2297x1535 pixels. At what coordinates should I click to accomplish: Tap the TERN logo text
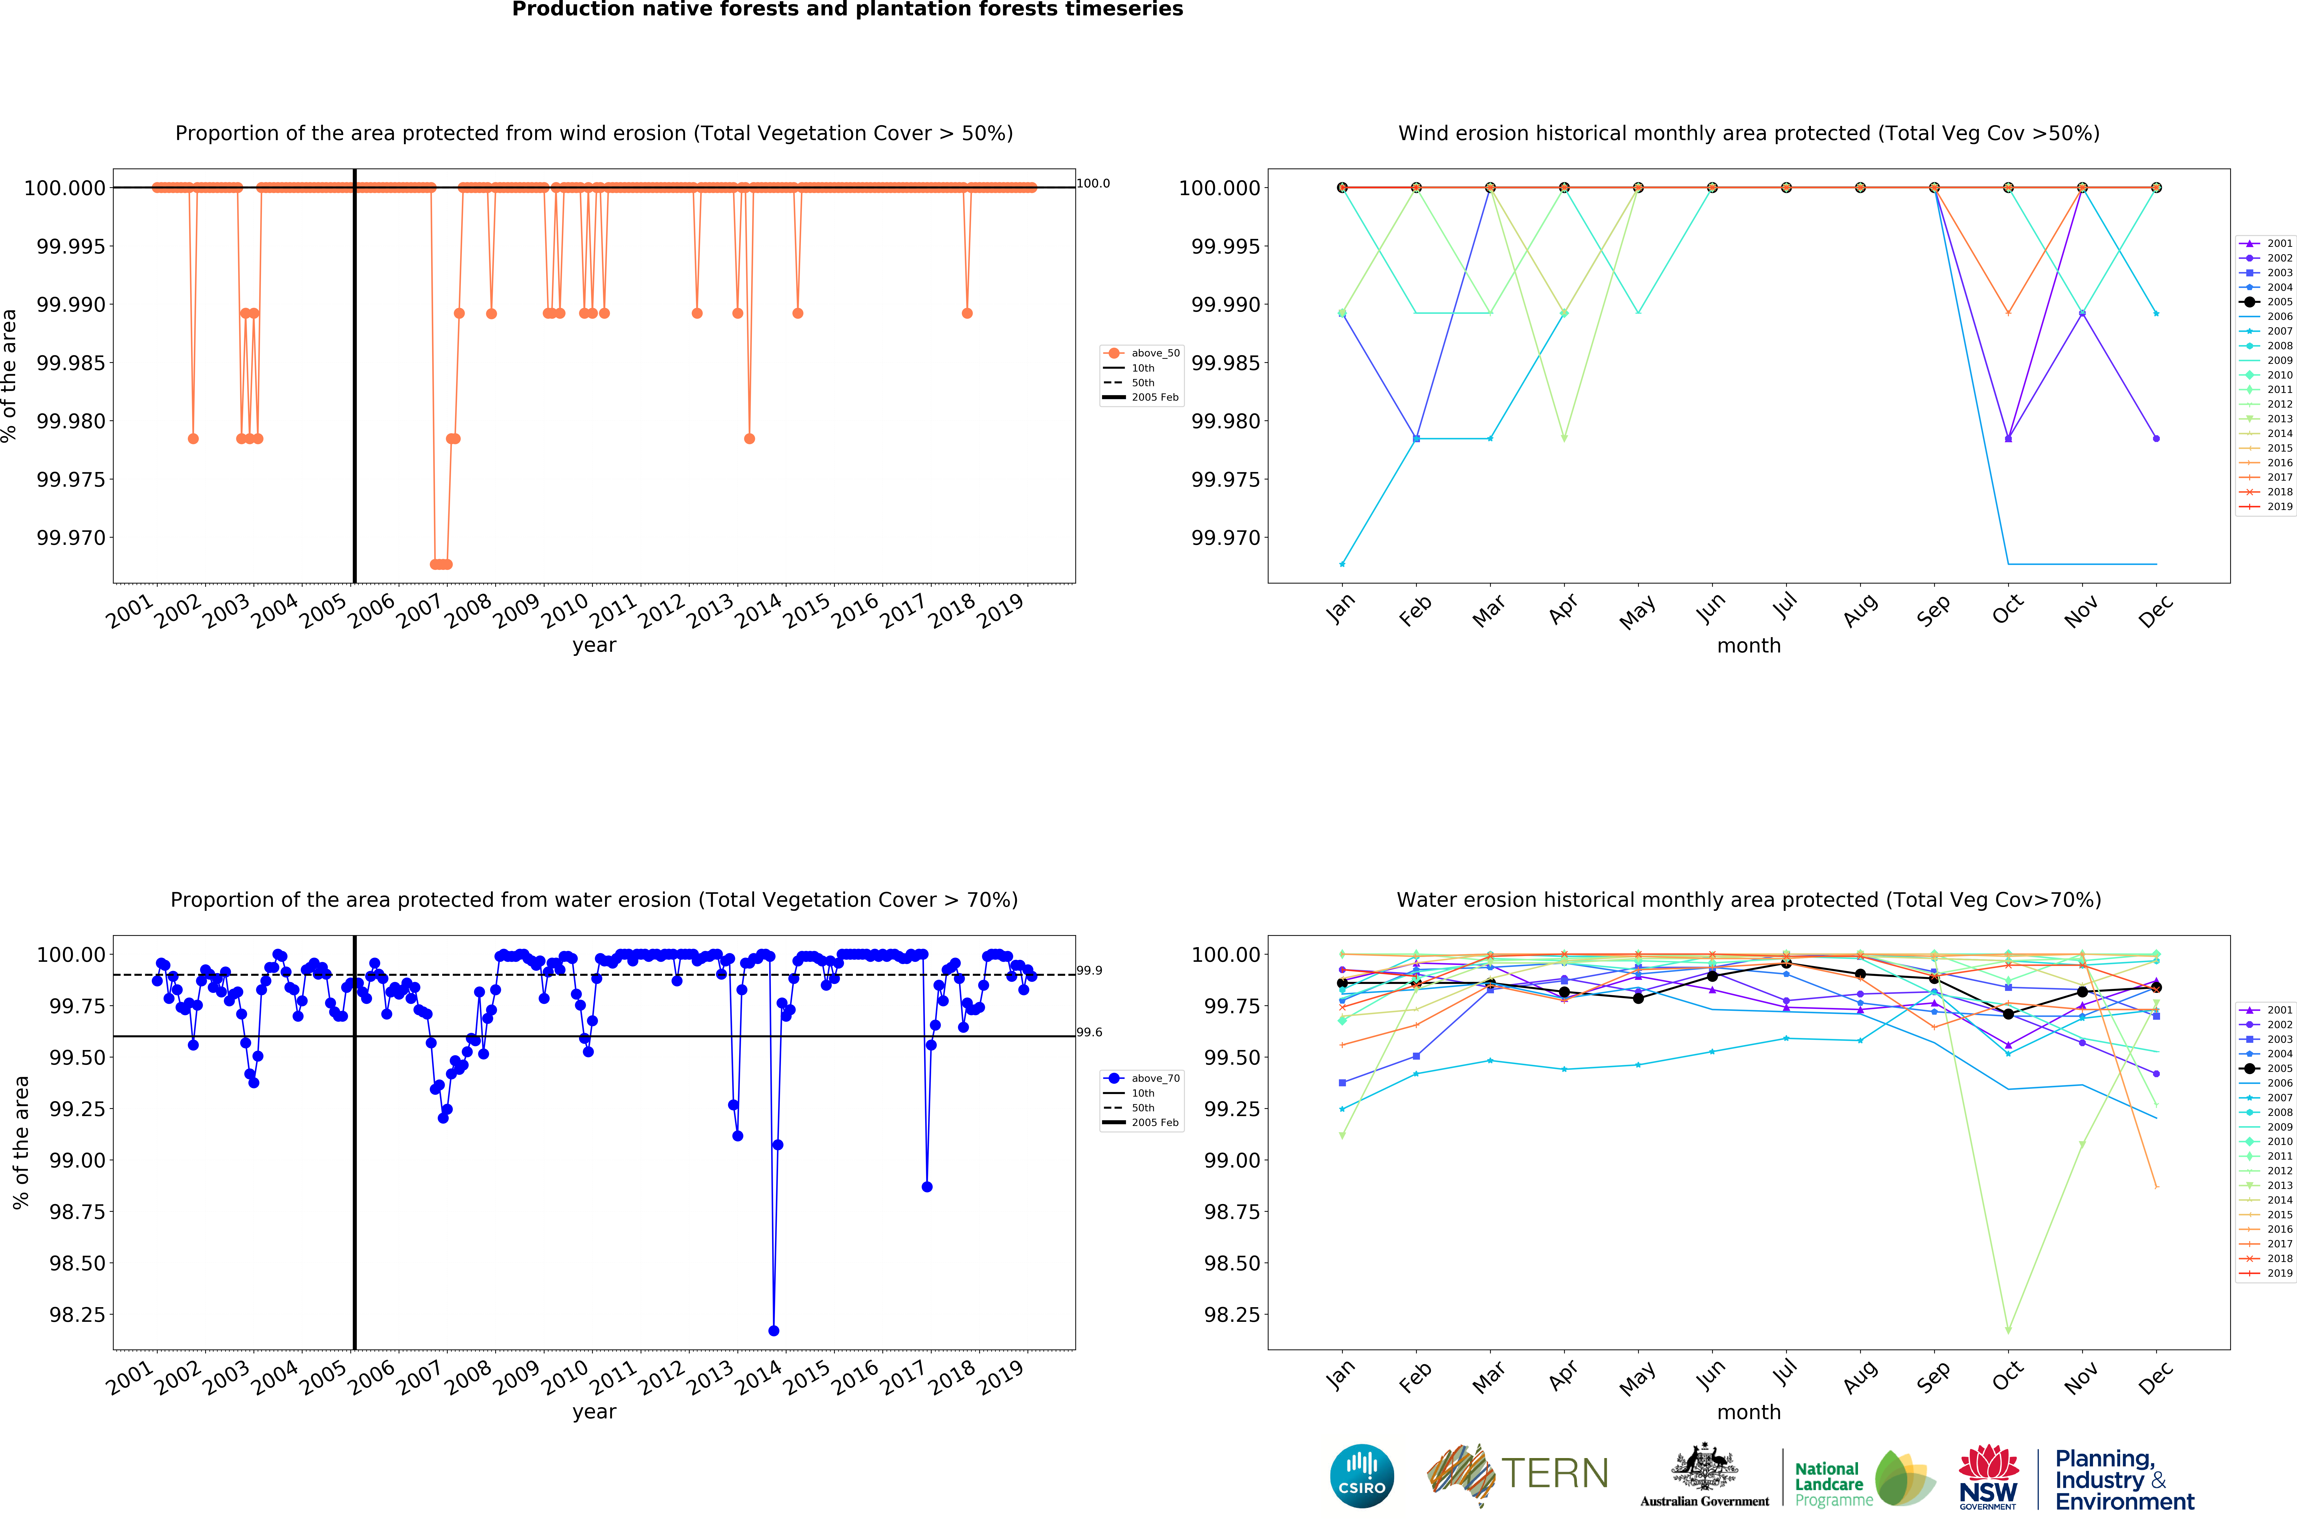(1554, 1473)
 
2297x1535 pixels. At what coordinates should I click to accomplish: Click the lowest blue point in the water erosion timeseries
(773, 1330)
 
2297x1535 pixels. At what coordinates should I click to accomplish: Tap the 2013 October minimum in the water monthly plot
(2008, 1330)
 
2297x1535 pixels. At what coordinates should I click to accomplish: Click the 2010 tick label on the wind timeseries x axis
(566, 611)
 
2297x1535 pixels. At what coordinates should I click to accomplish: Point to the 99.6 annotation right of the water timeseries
(1089, 1032)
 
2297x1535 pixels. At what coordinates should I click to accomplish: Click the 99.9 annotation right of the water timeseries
(1089, 970)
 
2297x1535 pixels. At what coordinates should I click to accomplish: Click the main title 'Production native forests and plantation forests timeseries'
(848, 10)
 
